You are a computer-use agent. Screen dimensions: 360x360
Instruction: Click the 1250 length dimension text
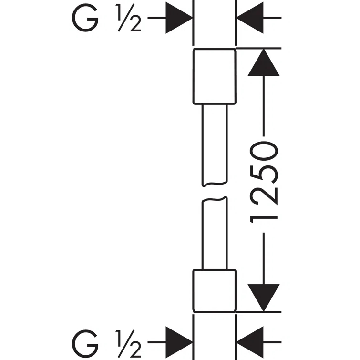[263, 181]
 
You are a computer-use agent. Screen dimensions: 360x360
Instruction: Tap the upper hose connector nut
[214, 76]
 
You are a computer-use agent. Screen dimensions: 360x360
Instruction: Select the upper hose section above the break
[214, 143]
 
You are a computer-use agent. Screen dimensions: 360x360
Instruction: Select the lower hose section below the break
[214, 234]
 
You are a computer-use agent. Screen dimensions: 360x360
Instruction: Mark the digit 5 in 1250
[263, 171]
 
